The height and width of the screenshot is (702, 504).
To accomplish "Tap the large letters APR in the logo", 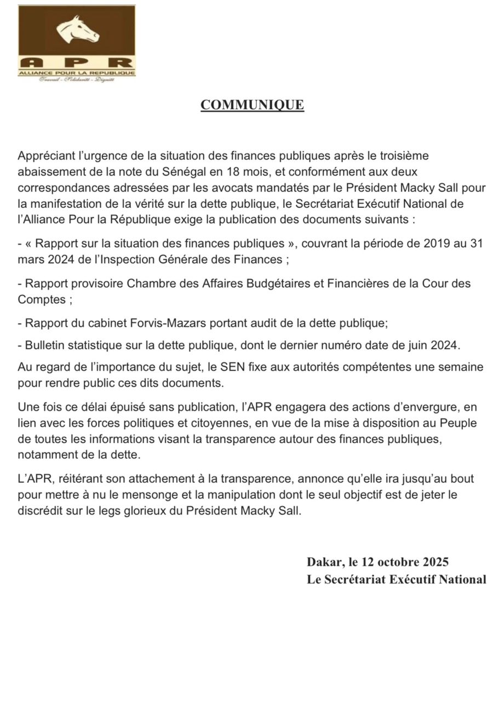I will [77, 61].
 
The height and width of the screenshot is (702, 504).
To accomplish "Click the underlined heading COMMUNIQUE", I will [252, 105].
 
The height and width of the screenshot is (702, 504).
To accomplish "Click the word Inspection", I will [129, 259].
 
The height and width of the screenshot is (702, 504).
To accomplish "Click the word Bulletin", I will [44, 346].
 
